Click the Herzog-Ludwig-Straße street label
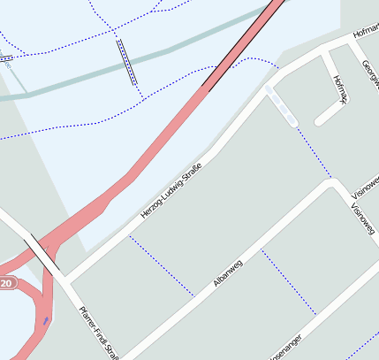171,191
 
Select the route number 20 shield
7,284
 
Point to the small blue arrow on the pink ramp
46,320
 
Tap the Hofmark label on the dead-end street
339,88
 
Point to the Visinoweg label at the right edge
366,185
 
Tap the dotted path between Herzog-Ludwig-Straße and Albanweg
161,265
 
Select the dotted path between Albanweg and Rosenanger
288,281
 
